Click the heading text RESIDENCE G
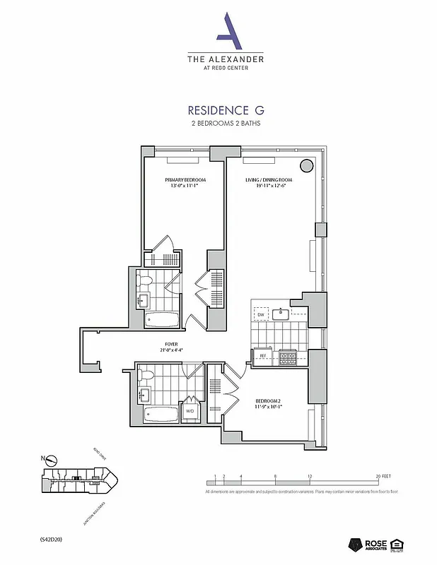(226, 110)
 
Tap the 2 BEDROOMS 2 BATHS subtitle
(226, 124)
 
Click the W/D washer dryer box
(190, 410)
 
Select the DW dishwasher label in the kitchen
(260, 314)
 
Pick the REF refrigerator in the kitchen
(262, 357)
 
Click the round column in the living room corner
(307, 166)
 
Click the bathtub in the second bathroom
(161, 414)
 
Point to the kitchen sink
(281, 314)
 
